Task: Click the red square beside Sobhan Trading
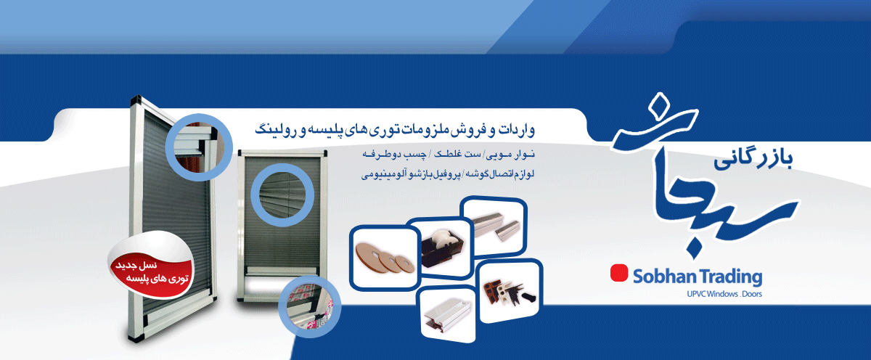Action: point(619,273)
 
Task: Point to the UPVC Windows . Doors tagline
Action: point(724,294)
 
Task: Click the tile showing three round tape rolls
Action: point(385,258)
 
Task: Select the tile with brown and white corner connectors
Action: point(509,291)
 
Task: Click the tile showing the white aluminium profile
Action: point(446,314)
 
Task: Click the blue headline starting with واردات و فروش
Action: point(395,130)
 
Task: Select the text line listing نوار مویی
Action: point(449,155)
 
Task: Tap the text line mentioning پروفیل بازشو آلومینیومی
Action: point(448,173)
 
